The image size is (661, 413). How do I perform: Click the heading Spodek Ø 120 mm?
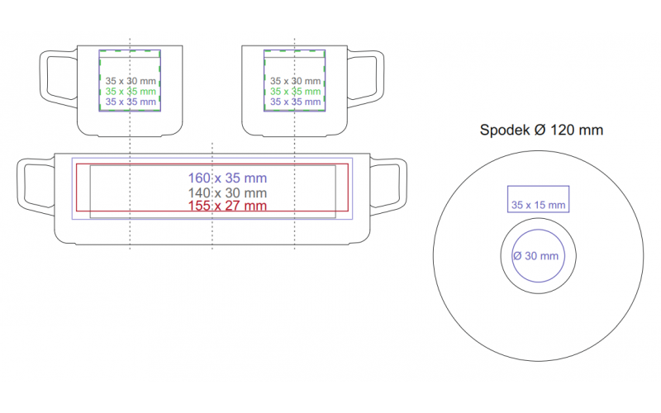coord(541,130)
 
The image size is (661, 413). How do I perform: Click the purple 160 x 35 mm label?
coord(227,178)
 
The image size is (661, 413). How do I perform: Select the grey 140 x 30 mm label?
coord(227,193)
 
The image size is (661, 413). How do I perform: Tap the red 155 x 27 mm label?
coord(227,206)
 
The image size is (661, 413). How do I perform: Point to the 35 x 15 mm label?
coord(539,205)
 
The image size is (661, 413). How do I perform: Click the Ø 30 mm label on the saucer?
coord(535,256)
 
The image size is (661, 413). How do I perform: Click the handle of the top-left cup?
coord(44,77)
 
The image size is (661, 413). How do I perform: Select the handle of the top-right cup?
coord(380,77)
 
